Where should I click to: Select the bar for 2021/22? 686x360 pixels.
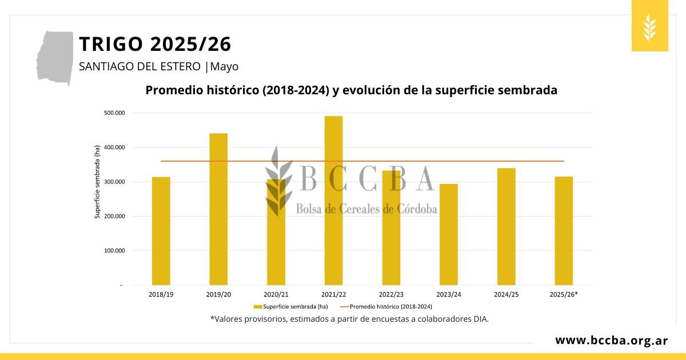[x=333, y=200]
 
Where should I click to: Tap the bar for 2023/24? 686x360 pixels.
[x=448, y=234]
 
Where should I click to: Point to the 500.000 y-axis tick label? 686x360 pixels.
[x=114, y=113]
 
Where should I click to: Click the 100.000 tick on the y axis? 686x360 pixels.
[x=114, y=250]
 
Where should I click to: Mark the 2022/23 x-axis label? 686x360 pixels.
[x=391, y=294]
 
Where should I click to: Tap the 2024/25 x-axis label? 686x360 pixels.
[x=506, y=294]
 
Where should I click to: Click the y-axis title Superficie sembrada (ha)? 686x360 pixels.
[x=97, y=182]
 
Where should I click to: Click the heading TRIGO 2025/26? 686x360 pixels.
[x=155, y=44]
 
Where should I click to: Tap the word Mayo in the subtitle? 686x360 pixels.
[x=224, y=66]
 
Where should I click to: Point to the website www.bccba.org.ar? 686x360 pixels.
[x=611, y=341]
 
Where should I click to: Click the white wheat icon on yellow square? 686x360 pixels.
[x=649, y=27]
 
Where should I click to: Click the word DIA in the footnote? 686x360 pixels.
[x=480, y=319]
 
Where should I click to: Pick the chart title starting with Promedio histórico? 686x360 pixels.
[x=351, y=90]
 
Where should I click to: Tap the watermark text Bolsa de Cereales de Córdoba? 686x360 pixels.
[x=366, y=209]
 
